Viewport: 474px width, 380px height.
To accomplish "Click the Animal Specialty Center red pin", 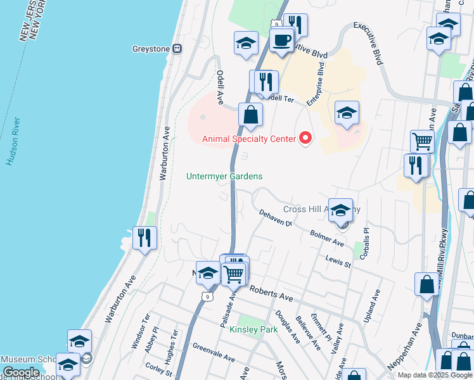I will pyautogui.click(x=306, y=137).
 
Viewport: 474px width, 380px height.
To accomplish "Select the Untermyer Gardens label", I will pyautogui.click(x=224, y=177).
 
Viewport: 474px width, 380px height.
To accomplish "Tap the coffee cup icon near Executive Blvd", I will pyautogui.click(x=281, y=41).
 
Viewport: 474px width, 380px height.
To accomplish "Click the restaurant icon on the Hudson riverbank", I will pyautogui.click(x=144, y=238).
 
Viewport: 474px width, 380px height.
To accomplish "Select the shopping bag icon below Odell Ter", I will pyautogui.click(x=251, y=115).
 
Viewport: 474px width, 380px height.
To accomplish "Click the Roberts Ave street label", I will pyautogui.click(x=271, y=293).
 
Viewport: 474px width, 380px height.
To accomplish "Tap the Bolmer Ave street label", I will pyautogui.click(x=327, y=239).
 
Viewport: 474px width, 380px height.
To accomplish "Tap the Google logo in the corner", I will pyautogui.click(x=21, y=372).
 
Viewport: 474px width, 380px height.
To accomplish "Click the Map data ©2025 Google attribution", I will pyautogui.click(x=435, y=375).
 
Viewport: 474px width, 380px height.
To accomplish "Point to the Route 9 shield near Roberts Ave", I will pyautogui.click(x=208, y=295).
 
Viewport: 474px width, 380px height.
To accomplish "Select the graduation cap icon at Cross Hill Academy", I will pyautogui.click(x=341, y=210).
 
